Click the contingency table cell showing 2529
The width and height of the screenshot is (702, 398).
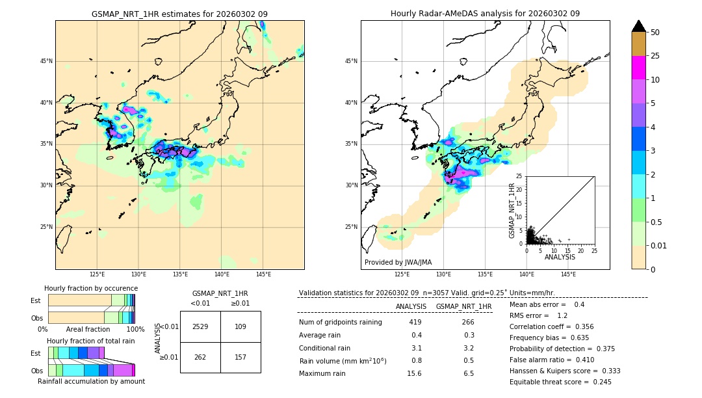(200, 326)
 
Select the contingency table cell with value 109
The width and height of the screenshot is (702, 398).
(240, 326)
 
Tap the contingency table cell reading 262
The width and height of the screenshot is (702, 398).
(200, 357)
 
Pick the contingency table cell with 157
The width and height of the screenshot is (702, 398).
(240, 357)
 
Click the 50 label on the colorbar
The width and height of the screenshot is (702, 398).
(655, 33)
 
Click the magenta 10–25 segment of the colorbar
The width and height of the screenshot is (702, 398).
(639, 68)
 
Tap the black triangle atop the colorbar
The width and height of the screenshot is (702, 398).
(639, 26)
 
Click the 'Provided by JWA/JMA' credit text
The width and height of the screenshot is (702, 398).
(398, 263)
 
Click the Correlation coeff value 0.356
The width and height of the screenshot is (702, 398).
(580, 327)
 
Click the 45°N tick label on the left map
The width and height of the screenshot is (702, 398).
(46, 61)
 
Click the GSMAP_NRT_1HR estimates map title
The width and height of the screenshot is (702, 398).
(179, 14)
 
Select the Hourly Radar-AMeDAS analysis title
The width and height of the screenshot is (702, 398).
(485, 14)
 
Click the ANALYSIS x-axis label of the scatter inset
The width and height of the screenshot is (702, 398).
(560, 257)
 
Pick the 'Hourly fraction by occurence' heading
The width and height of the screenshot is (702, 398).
(91, 288)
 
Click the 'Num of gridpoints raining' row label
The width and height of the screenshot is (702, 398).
(340, 323)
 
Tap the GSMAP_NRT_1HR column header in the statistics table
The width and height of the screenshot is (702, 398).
(463, 306)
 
